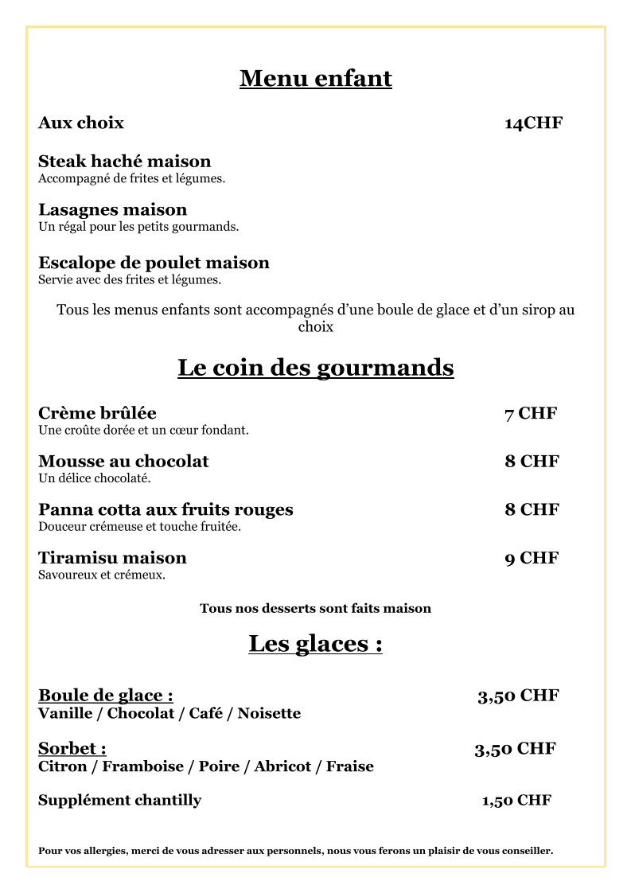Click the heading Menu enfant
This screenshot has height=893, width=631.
click(315, 79)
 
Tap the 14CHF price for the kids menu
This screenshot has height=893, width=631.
click(533, 123)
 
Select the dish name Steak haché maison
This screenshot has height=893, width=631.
click(124, 162)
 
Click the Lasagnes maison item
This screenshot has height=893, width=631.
click(112, 210)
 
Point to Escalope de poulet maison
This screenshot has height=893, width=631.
click(154, 263)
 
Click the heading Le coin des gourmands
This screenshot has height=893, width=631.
click(315, 368)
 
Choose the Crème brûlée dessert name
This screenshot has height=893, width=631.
click(97, 413)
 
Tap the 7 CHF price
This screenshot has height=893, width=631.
click(530, 413)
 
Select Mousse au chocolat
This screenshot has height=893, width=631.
click(123, 462)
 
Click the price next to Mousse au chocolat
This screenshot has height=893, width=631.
click(532, 462)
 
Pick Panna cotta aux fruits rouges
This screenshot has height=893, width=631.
click(166, 509)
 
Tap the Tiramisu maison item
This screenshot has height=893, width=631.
click(112, 558)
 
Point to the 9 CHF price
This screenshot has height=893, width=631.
click(532, 558)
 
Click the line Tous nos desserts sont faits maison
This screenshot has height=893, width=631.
click(315, 609)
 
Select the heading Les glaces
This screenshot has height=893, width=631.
click(315, 643)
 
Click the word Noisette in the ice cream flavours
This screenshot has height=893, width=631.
click(269, 713)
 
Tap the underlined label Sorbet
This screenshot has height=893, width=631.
click(72, 749)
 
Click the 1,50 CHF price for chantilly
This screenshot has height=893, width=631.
click(516, 801)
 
